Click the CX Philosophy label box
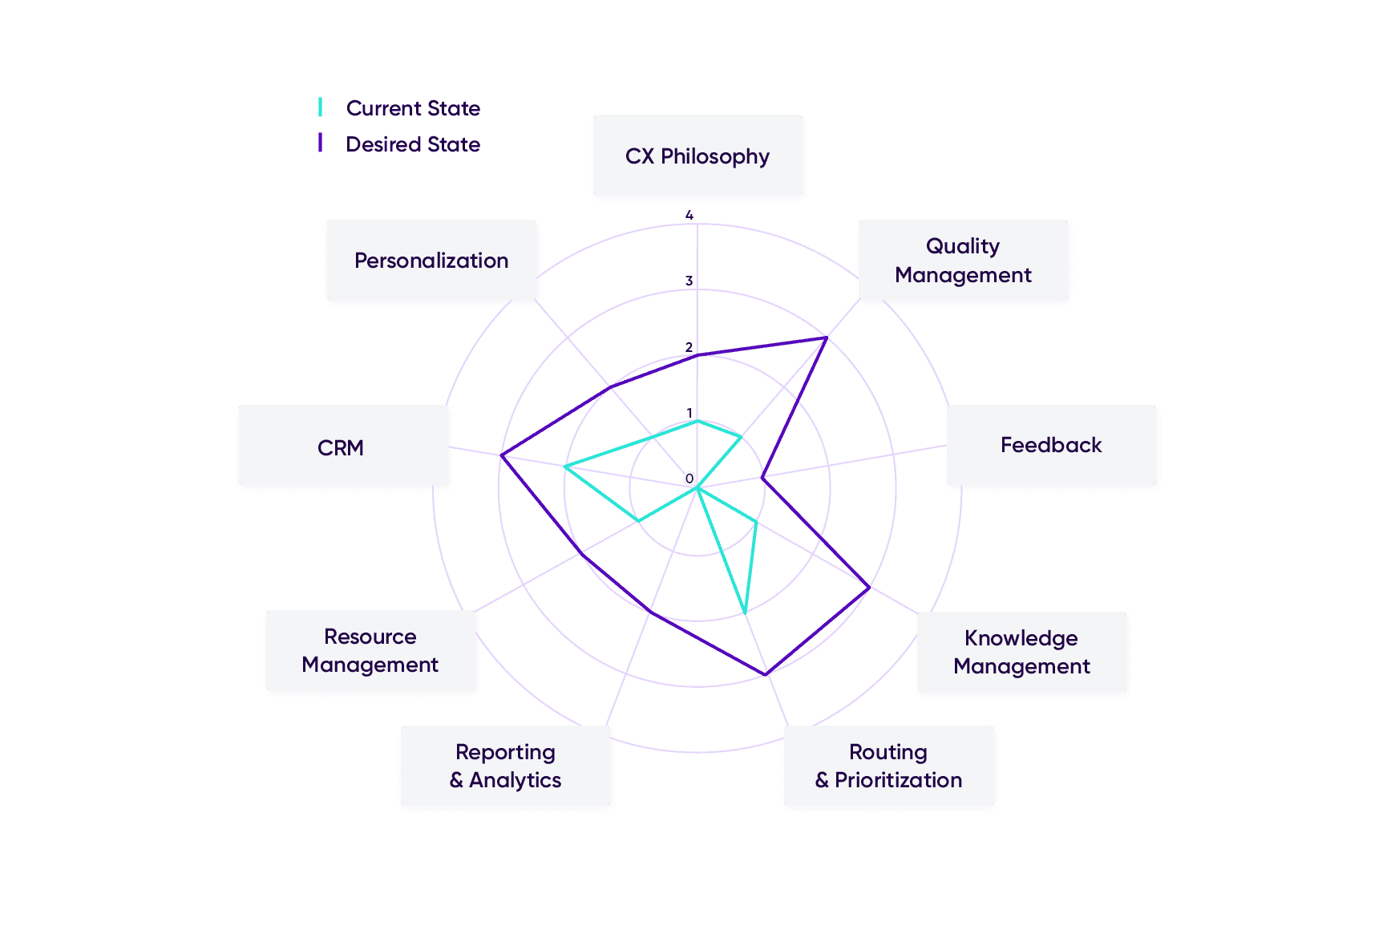[697, 156]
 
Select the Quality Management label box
[963, 261]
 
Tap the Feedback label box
[1051, 445]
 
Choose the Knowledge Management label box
[1021, 652]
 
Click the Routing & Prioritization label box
[888, 766]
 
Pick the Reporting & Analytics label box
[505, 766]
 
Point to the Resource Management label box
[370, 650]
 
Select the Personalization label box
[431, 261]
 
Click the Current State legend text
[413, 108]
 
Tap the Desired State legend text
[413, 144]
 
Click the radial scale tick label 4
[689, 216]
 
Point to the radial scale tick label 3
[689, 281]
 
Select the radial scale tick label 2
[689, 348]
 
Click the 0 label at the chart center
[689, 479]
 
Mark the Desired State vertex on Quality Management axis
[826, 338]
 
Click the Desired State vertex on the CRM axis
[502, 456]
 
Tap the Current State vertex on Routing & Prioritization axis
[745, 613]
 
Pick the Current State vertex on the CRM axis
[565, 466]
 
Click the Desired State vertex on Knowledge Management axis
[869, 588]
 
